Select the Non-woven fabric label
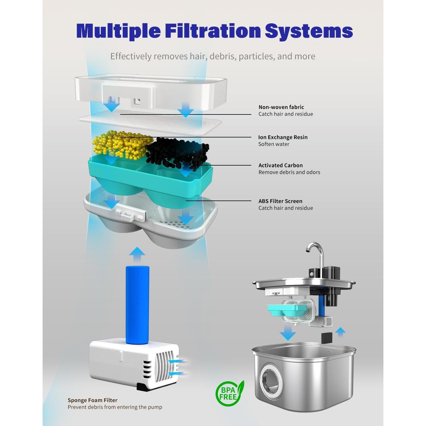click(281, 107)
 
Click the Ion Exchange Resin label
click(283, 137)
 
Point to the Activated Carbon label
click(281, 165)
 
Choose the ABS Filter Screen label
click(280, 201)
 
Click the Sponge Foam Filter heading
click(93, 400)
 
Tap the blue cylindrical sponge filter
click(137, 301)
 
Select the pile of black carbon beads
click(179, 152)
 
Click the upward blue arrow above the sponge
click(137, 254)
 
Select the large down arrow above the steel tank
click(288, 332)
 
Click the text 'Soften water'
click(274, 144)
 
